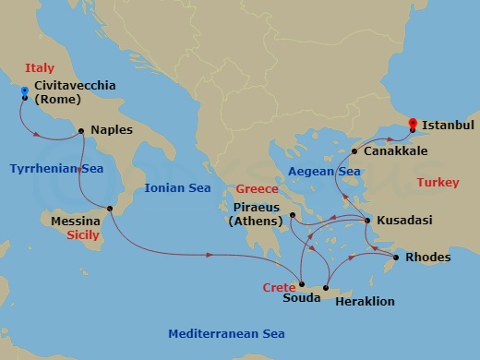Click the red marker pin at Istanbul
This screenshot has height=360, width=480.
(413, 122)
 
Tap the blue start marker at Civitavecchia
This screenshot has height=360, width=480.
(24, 90)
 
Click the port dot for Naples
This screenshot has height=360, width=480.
(82, 131)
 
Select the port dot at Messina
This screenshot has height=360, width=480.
(110, 209)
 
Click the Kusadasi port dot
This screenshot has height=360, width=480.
(367, 221)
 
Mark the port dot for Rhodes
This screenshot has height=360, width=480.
(397, 258)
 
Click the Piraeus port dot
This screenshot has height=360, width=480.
(291, 215)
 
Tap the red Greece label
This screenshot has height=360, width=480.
(255, 189)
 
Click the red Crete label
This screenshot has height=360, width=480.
(279, 288)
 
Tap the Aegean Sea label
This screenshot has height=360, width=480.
(324, 172)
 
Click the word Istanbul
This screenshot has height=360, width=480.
(450, 123)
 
